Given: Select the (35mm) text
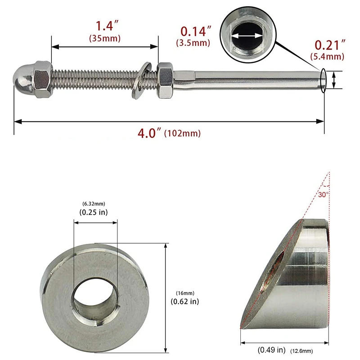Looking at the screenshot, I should pos(105,38).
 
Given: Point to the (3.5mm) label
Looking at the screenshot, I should pos(193,43).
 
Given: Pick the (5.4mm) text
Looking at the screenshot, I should pos(327,56).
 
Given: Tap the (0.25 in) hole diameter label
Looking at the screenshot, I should pos(94,212).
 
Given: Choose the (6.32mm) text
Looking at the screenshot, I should pos(94,203).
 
